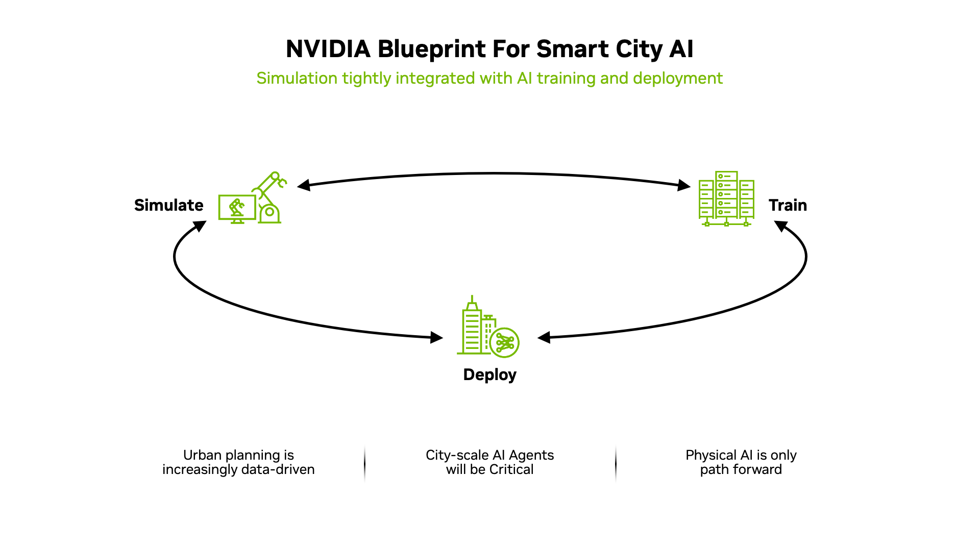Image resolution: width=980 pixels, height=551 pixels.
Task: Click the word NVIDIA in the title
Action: [x=328, y=49]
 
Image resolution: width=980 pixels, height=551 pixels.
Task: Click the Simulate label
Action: [x=168, y=205]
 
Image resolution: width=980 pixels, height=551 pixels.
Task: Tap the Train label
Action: [x=788, y=205]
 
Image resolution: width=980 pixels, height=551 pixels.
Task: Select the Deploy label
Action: [x=489, y=374]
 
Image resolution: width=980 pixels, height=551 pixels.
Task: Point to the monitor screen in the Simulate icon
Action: [x=237, y=207]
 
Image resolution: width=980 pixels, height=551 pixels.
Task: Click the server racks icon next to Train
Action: [x=726, y=199]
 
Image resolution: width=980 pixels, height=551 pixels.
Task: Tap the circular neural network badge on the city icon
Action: [x=504, y=342]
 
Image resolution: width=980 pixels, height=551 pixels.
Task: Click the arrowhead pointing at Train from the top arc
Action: [x=684, y=185]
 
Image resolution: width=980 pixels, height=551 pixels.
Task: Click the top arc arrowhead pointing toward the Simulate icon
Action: [x=304, y=185]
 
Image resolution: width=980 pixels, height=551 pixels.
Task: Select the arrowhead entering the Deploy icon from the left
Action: [x=437, y=337]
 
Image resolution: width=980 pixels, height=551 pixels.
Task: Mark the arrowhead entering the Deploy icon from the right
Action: [x=544, y=337]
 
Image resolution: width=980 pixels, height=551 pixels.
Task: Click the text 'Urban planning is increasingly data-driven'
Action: [x=238, y=462]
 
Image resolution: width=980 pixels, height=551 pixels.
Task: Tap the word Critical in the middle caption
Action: [x=511, y=469]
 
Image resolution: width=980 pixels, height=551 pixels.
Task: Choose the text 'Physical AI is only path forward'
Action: [x=741, y=462]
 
